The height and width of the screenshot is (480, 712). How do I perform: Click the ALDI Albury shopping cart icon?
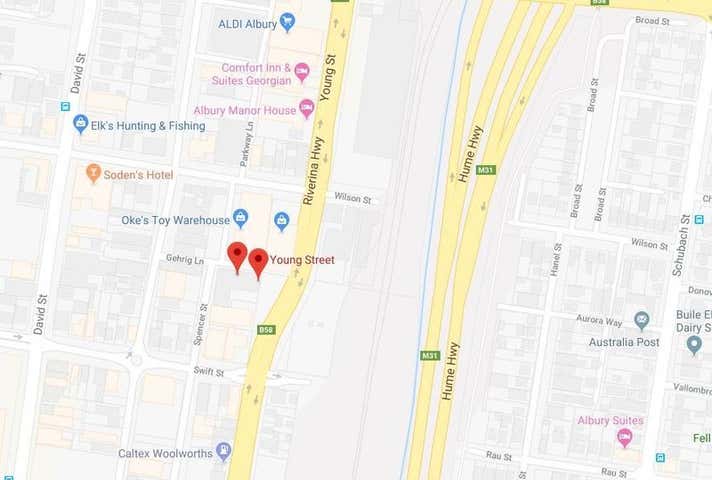pyautogui.click(x=287, y=21)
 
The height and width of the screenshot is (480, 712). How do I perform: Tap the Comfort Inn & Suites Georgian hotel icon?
pyautogui.click(x=301, y=72)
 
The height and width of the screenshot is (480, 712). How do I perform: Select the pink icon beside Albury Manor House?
pyautogui.click(x=306, y=108)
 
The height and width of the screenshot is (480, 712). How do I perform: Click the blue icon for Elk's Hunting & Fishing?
pyautogui.click(x=81, y=124)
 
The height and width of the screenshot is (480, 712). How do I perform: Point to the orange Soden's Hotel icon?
pyautogui.click(x=94, y=174)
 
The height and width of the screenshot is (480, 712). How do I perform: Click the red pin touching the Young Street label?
pyautogui.click(x=258, y=262)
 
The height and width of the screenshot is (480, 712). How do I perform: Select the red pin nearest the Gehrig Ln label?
pyautogui.click(x=237, y=256)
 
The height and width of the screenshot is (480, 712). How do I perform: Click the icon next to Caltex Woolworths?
pyautogui.click(x=223, y=452)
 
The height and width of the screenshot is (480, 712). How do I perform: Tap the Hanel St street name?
pyautogui.click(x=555, y=279)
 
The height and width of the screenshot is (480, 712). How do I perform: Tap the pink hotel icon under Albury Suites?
pyautogui.click(x=625, y=438)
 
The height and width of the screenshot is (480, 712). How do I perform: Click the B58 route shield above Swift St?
pyautogui.click(x=266, y=329)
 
